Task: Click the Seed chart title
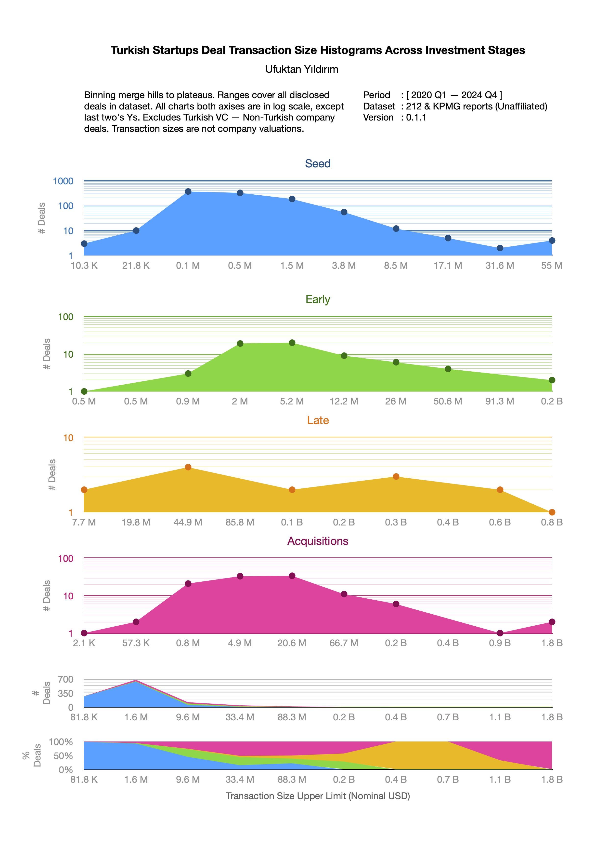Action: point(317,163)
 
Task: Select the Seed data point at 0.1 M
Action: point(188,192)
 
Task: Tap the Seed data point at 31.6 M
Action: point(500,248)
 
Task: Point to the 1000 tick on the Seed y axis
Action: point(63,181)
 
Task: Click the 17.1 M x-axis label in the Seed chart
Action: point(448,266)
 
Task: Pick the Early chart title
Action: point(317,299)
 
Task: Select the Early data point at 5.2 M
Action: point(292,343)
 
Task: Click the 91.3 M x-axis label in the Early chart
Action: point(500,401)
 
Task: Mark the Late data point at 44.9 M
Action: point(188,467)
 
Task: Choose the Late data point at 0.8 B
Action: point(552,512)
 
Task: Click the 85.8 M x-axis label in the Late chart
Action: point(240,522)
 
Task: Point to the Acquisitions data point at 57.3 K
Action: point(136,622)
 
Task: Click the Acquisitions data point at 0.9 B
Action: point(500,633)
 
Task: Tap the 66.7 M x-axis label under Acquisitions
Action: point(344,643)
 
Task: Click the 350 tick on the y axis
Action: point(65,693)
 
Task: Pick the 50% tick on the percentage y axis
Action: point(63,756)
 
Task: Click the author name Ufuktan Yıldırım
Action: point(302,69)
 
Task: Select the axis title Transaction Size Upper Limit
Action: point(318,796)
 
